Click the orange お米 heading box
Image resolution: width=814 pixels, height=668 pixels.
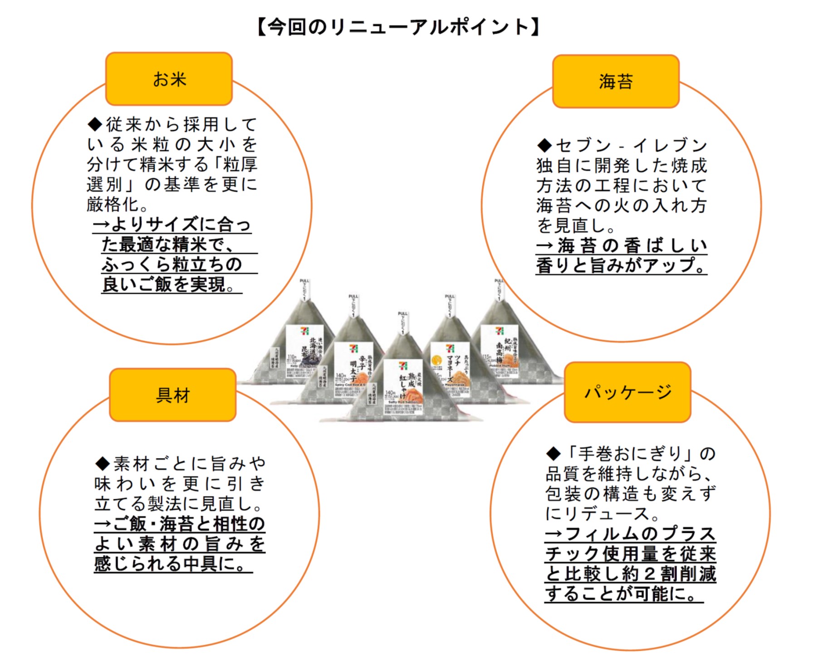tap(169, 79)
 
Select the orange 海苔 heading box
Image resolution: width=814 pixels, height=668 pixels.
tap(615, 82)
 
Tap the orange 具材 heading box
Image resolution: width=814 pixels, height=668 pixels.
tap(172, 395)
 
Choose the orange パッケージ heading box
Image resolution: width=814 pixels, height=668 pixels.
tap(628, 392)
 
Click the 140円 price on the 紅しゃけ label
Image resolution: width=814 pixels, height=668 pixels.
tap(390, 393)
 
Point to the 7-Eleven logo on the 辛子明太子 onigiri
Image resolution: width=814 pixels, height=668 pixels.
tap(353, 348)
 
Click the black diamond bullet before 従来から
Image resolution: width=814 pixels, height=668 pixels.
tap(95, 124)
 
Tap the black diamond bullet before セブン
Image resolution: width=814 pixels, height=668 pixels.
tap(544, 146)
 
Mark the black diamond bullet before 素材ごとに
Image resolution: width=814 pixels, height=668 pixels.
tap(103, 463)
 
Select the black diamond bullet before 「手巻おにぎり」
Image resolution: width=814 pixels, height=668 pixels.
tap(553, 453)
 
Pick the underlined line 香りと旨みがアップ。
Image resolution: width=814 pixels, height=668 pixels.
tap(621, 265)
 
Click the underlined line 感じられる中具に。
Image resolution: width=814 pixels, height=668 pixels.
tap(172, 564)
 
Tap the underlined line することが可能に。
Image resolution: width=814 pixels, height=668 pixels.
tap(623, 594)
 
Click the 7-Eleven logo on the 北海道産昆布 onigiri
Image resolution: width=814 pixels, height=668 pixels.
tap(304, 331)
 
